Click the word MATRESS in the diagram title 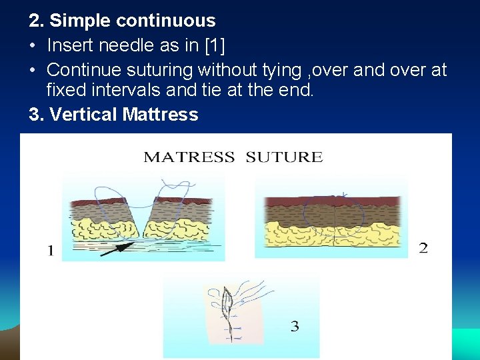click(189, 157)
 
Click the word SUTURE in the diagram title click(284, 157)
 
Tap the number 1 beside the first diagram click(51, 251)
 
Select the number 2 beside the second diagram click(423, 248)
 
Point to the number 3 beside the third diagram click(295, 327)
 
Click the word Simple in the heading click(80, 21)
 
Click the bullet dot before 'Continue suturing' click(33, 70)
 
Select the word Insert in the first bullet click(72, 46)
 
